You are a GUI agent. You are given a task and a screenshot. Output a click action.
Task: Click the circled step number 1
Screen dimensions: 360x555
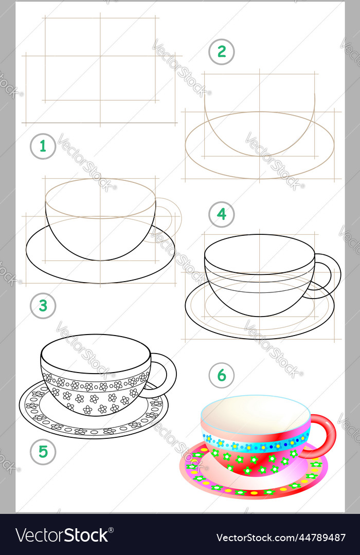pyautogui.click(x=43, y=146)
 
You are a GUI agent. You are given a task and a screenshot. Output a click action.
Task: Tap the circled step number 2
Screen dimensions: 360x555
pyautogui.click(x=222, y=52)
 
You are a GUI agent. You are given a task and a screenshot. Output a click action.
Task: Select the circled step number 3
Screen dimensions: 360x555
pyautogui.click(x=43, y=305)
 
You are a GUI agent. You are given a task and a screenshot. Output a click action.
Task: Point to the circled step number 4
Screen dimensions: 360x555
pyautogui.click(x=222, y=214)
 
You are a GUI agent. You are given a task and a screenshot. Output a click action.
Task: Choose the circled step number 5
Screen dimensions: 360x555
pyautogui.click(x=43, y=452)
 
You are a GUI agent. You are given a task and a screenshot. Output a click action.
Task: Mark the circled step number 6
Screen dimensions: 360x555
pyautogui.click(x=222, y=375)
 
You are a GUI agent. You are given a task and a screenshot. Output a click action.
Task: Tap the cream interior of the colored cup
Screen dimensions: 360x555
pyautogui.click(x=255, y=415)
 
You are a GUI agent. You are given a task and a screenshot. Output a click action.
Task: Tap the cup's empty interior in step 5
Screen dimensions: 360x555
pyautogui.click(x=96, y=354)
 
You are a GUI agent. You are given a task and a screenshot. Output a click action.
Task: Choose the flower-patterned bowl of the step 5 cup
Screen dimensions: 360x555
pyautogui.click(x=96, y=393)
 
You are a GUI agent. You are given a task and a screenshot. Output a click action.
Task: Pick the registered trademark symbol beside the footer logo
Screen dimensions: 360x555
pyautogui.click(x=111, y=530)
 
